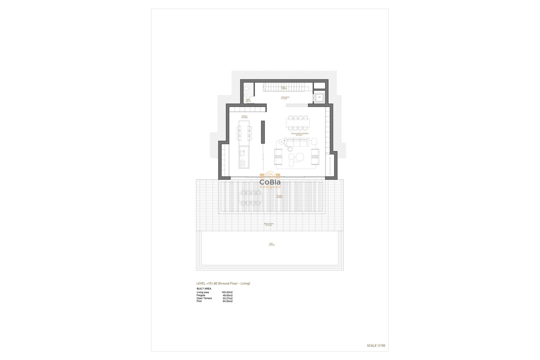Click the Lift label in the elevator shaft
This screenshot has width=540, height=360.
tap(319, 97)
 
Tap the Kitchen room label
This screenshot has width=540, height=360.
tap(244, 117)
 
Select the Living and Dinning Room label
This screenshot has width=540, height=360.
tap(300, 134)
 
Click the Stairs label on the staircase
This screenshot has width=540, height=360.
tap(283, 87)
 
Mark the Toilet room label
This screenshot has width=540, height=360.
tap(248, 100)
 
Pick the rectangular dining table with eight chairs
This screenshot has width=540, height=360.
tap(298, 123)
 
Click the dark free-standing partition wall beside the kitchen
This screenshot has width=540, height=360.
tap(263, 132)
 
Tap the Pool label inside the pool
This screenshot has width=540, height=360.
tap(271, 244)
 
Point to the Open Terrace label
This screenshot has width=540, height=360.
tap(268, 224)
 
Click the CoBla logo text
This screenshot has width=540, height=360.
tap(270, 182)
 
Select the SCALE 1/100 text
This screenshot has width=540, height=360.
tap(376, 346)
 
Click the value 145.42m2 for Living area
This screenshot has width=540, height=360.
tap(227, 292)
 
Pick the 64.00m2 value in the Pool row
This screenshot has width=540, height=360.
tap(228, 301)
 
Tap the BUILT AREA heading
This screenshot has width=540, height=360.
tap(204, 289)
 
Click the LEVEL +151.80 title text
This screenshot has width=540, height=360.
tap(223, 283)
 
